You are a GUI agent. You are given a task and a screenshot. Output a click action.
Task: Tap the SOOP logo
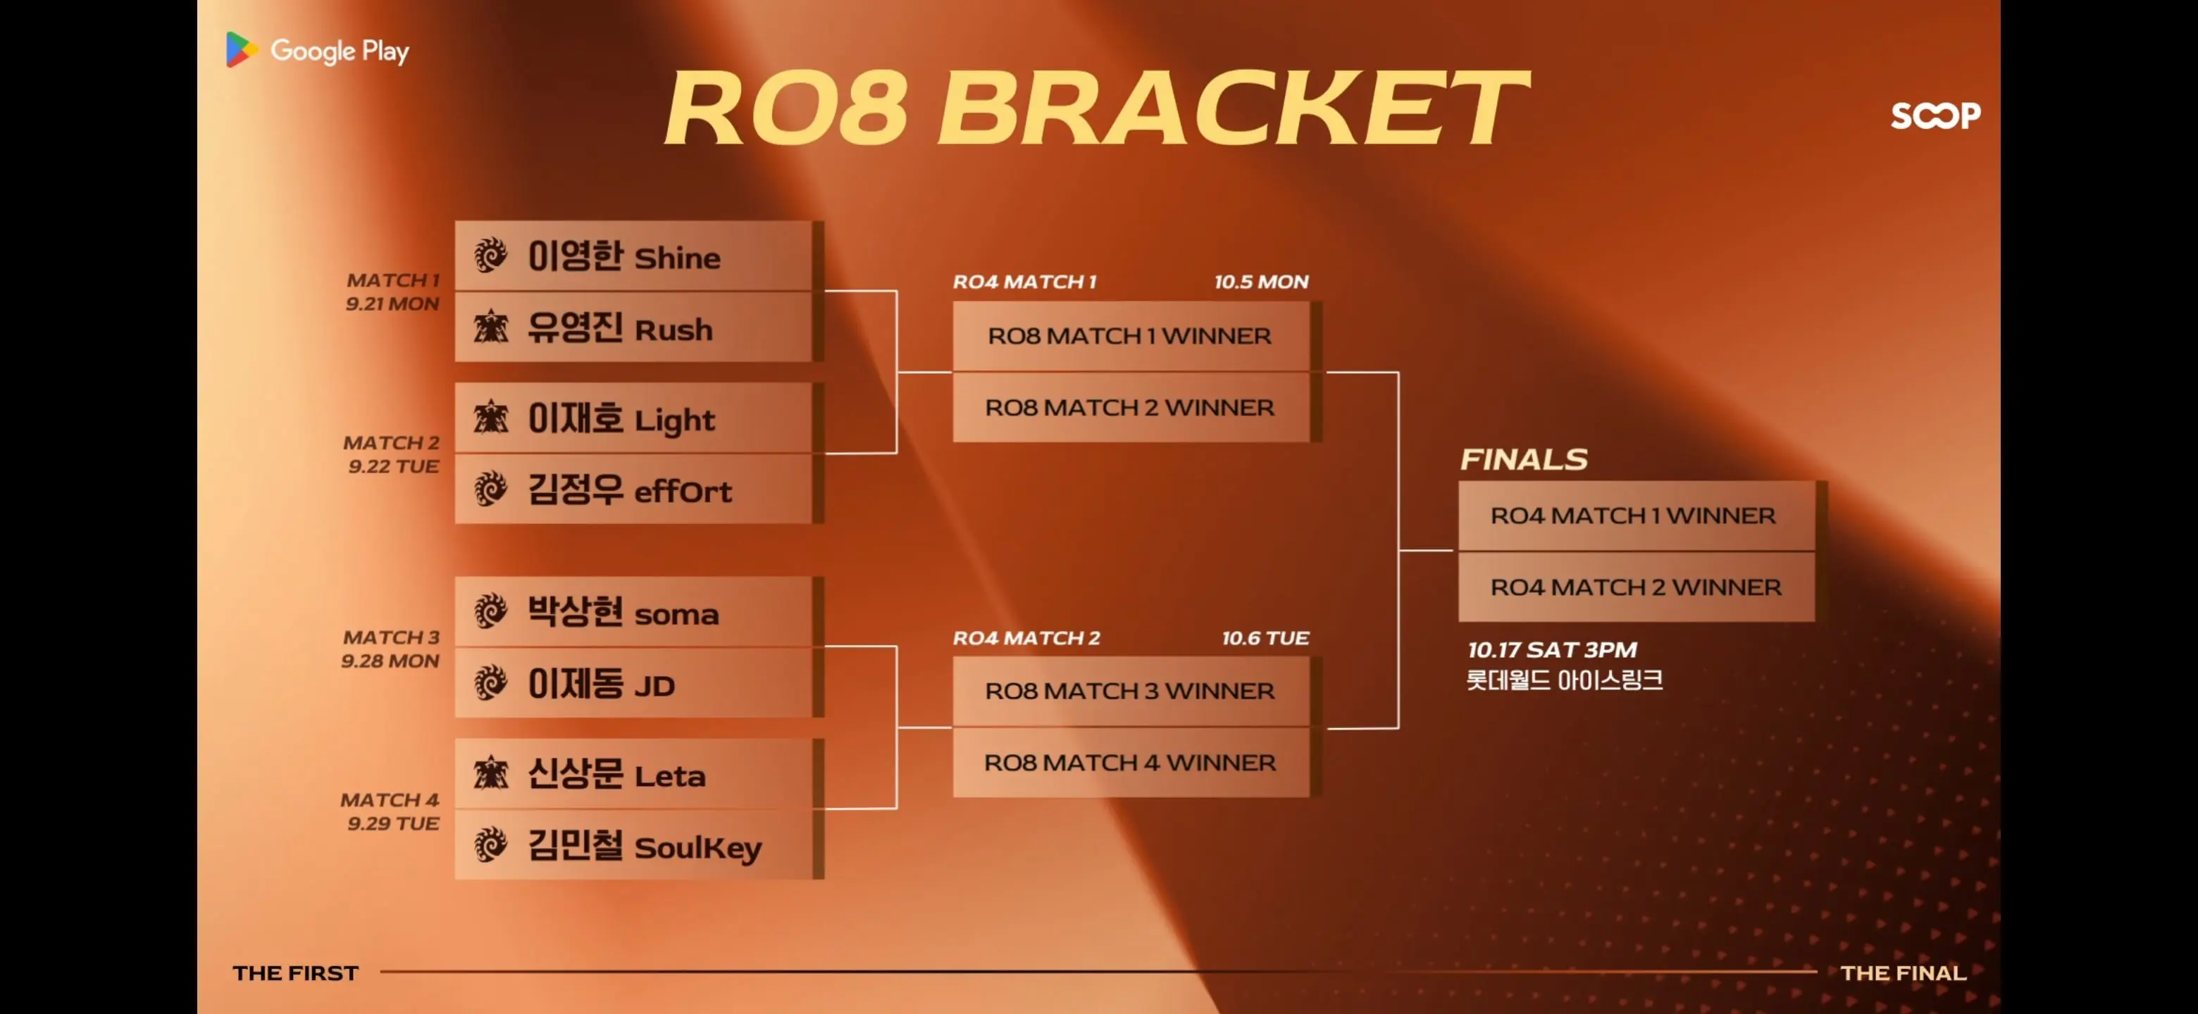click(x=1935, y=115)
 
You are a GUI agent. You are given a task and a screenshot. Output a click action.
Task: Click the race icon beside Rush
click(x=490, y=327)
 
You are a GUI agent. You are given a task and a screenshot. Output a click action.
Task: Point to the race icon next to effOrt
click(x=490, y=489)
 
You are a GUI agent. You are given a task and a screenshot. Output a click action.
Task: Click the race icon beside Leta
click(x=490, y=773)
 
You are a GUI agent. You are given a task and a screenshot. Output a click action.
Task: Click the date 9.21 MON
click(x=392, y=303)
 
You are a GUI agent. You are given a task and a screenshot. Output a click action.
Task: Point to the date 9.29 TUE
click(x=393, y=823)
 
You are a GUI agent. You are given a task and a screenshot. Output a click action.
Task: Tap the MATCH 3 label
click(x=392, y=637)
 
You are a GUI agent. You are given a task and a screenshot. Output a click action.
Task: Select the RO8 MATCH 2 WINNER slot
click(x=1131, y=407)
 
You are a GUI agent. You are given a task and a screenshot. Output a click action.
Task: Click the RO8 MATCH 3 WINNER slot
click(x=1131, y=691)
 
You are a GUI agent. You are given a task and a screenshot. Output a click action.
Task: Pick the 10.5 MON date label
click(x=1261, y=282)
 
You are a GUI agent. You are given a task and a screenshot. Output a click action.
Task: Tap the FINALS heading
click(x=1524, y=459)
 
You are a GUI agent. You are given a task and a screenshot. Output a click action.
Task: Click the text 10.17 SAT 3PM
click(x=1552, y=650)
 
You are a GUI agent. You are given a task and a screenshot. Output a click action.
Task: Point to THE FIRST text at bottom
click(x=295, y=973)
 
